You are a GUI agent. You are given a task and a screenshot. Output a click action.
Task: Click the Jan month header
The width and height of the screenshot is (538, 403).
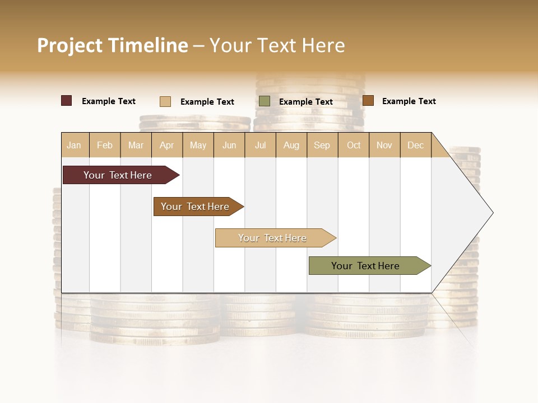(x=75, y=145)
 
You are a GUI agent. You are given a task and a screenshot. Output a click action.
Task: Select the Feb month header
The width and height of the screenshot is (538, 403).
(x=105, y=145)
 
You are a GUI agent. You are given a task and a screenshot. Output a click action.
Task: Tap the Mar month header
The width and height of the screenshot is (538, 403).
(x=136, y=145)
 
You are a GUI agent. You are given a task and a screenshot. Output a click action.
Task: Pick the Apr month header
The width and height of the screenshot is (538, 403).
(x=167, y=145)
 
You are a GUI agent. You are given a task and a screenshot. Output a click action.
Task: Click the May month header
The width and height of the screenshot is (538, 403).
(x=198, y=145)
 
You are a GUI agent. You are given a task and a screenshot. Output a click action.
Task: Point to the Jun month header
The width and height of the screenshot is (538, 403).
(x=229, y=145)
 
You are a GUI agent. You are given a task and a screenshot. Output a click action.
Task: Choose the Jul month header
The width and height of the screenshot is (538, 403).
(x=260, y=145)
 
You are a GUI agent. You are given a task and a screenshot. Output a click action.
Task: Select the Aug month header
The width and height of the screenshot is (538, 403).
(x=291, y=145)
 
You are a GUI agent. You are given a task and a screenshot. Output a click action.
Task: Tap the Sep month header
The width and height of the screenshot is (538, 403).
(x=322, y=145)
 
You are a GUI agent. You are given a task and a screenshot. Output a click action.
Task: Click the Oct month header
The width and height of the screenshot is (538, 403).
(x=354, y=145)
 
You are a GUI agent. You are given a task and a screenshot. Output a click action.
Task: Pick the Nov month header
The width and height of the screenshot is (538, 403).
(x=384, y=145)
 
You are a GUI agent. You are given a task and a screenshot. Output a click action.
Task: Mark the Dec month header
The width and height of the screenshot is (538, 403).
(x=416, y=145)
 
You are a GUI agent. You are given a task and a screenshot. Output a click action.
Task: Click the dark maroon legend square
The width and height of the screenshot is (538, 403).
(x=67, y=101)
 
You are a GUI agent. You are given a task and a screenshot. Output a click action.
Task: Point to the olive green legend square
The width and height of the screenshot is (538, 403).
(x=265, y=101)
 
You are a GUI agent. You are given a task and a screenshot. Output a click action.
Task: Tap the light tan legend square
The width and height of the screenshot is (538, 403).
(x=165, y=101)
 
